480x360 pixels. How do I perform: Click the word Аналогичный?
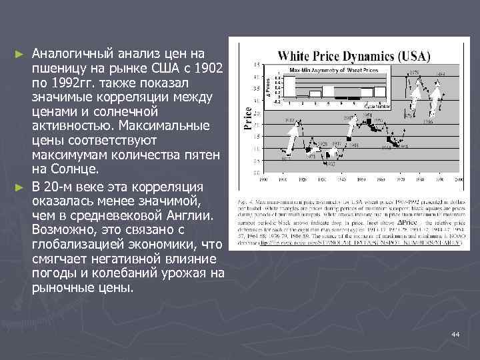click(74, 53)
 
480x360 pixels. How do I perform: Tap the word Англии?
click(188, 217)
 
